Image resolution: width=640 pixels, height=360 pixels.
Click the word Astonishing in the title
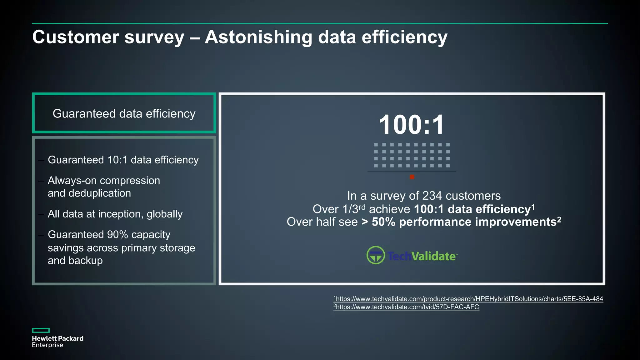[258, 37]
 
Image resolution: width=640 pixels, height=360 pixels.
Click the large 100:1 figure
[411, 125]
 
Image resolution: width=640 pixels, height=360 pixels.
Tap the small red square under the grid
[412, 177]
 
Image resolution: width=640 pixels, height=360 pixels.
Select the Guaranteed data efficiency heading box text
[124, 113]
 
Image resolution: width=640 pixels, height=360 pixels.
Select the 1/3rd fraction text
[354, 209]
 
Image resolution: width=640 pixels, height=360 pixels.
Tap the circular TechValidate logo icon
[375, 255]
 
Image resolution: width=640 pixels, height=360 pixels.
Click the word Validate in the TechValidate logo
[433, 256]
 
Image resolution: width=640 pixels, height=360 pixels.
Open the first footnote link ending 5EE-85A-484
[469, 299]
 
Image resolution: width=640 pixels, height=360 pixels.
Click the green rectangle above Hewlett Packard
[41, 330]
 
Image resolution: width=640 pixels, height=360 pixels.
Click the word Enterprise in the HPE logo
[47, 345]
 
